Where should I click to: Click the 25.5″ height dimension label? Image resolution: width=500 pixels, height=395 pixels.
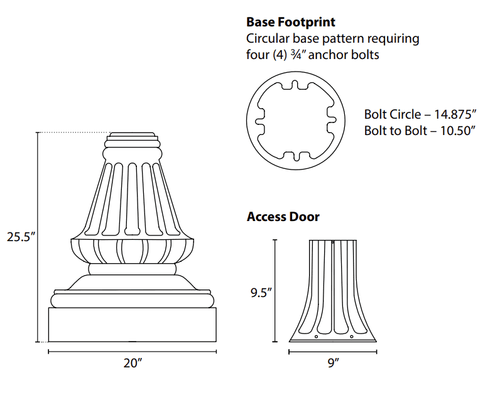21,237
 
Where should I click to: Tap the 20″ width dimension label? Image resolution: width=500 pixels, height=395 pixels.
133,363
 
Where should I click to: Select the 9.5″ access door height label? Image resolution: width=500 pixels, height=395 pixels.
259,292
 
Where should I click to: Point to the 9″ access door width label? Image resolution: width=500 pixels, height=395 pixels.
333,363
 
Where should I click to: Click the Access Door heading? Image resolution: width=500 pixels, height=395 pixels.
283,217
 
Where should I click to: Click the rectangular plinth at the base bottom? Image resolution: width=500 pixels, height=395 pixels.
133,324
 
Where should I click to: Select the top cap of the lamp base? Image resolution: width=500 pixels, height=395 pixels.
133,136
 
